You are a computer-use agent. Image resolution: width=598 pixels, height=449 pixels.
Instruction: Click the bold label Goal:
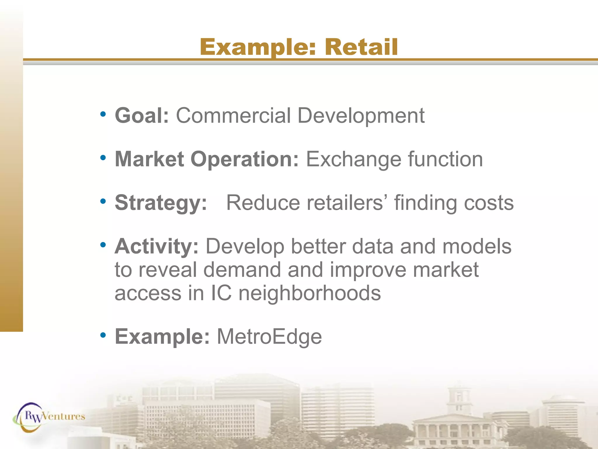(x=142, y=116)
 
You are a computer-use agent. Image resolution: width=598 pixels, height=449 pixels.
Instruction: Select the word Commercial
(x=233, y=116)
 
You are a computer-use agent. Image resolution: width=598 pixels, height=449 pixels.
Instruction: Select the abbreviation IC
(x=221, y=293)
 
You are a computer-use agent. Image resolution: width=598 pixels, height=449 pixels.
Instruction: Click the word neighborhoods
(x=310, y=293)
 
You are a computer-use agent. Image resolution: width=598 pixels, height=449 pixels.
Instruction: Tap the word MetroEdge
(x=269, y=337)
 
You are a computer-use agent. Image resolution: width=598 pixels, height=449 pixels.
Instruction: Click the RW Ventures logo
(x=49, y=417)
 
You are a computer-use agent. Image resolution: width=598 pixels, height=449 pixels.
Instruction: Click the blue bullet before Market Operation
(x=103, y=158)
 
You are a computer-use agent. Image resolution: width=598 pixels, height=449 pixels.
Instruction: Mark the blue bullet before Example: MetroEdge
(x=103, y=335)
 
